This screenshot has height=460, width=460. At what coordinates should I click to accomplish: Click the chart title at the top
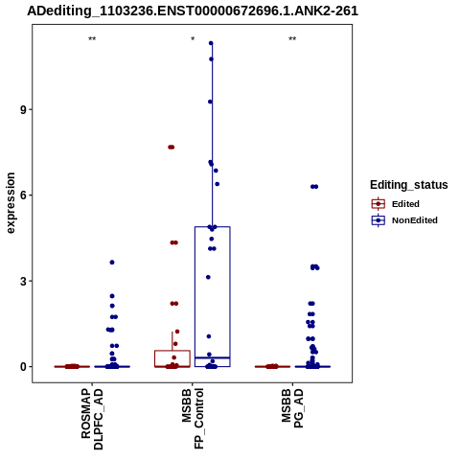(x=193, y=11)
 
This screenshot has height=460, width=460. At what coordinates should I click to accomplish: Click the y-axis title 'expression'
(x=11, y=203)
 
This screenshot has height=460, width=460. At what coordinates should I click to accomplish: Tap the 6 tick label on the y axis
(x=23, y=195)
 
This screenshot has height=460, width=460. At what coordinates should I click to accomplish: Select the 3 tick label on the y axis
(x=23, y=281)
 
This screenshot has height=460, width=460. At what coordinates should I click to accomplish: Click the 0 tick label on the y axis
(x=23, y=367)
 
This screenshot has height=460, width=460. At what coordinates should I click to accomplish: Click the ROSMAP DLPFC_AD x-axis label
(x=92, y=419)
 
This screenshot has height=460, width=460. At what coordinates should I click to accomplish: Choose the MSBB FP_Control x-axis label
(x=193, y=419)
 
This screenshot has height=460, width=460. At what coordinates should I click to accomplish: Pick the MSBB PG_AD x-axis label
(x=292, y=408)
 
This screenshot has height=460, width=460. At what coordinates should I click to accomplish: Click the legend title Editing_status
(x=409, y=185)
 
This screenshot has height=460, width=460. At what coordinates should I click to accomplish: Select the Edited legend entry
(x=396, y=204)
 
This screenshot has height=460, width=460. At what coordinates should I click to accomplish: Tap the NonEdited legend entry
(x=404, y=220)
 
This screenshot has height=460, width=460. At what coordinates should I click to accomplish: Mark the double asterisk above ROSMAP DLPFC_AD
(x=92, y=39)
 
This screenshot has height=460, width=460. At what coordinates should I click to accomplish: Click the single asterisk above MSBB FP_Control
(x=193, y=39)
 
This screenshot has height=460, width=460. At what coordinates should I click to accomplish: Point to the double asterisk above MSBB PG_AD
(x=292, y=39)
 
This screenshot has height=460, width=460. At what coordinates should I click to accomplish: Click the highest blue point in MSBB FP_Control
(x=211, y=43)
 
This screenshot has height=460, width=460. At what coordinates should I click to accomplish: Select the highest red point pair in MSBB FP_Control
(x=172, y=147)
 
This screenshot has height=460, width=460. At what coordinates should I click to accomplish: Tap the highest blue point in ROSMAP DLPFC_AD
(x=112, y=263)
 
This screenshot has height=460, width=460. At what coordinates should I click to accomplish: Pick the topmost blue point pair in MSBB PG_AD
(x=314, y=187)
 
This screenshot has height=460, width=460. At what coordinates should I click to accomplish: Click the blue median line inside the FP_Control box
(x=213, y=357)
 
